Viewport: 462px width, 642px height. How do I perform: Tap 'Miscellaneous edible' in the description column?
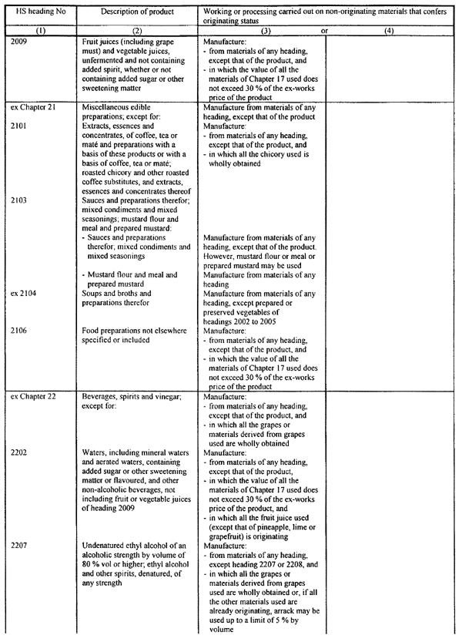tap(122, 107)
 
